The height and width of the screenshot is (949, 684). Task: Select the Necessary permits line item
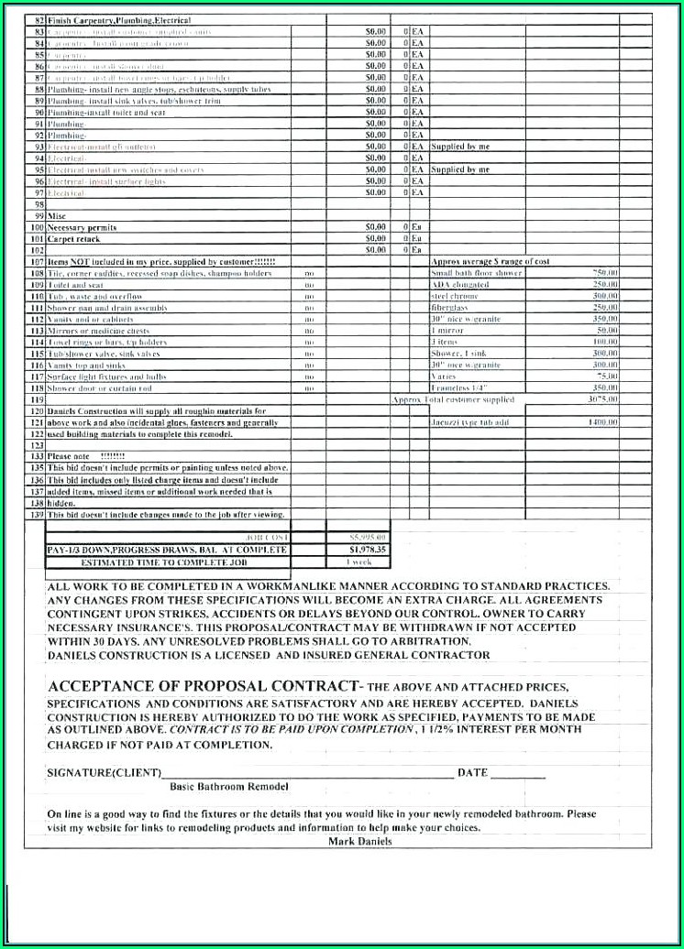(82, 226)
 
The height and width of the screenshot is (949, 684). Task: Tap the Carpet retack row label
(74, 238)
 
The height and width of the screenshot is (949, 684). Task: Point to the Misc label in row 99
(57, 215)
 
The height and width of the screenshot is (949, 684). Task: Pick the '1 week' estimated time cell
(359, 562)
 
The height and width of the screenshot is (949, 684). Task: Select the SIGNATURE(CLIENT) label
(104, 772)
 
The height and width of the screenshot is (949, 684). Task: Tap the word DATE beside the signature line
(472, 772)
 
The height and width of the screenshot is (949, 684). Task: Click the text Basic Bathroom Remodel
(229, 787)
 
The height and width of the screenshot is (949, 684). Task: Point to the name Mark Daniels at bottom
(359, 841)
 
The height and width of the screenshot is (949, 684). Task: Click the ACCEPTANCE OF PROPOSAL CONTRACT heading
(203, 686)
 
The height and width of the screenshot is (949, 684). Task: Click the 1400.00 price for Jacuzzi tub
(602, 422)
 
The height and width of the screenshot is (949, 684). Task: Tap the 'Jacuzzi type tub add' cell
(469, 422)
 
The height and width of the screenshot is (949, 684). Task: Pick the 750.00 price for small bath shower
(605, 273)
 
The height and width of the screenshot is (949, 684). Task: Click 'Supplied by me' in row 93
(460, 147)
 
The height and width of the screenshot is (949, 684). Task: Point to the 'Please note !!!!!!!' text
(86, 456)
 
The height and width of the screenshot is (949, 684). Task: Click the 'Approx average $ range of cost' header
(490, 261)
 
